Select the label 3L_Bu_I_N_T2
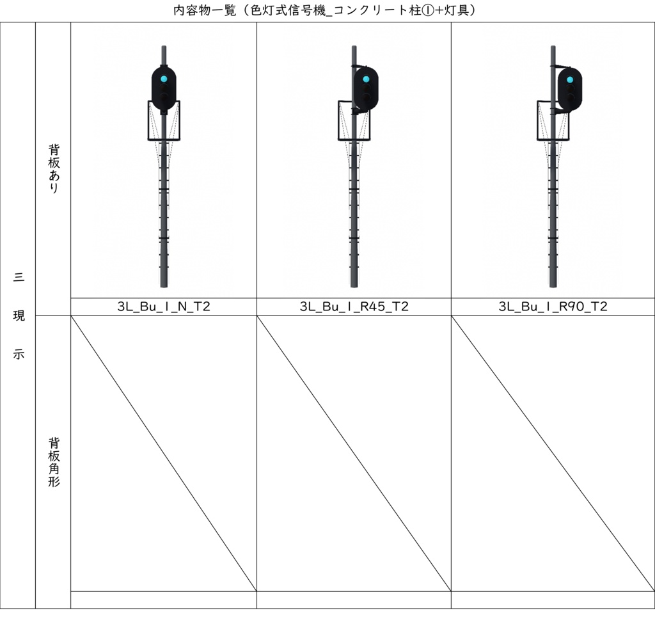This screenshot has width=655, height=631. [164, 307]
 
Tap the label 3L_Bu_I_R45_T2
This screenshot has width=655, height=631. [354, 307]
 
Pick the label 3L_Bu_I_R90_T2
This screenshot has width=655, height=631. [553, 307]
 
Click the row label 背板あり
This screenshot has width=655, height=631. [54, 168]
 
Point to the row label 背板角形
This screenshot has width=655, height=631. [54, 461]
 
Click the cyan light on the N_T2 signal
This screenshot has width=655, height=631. [164, 79]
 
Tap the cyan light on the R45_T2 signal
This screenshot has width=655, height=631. [366, 79]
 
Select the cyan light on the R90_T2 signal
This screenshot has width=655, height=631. [569, 80]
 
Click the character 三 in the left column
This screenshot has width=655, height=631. [19, 277]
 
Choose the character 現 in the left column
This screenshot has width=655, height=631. [19, 315]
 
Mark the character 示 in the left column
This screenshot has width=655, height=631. [19, 355]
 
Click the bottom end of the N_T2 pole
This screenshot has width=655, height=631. [164, 285]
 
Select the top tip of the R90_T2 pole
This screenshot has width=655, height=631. [553, 47]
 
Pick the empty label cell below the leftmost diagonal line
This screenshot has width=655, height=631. [164, 600]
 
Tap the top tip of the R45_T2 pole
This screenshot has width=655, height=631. [354, 47]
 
